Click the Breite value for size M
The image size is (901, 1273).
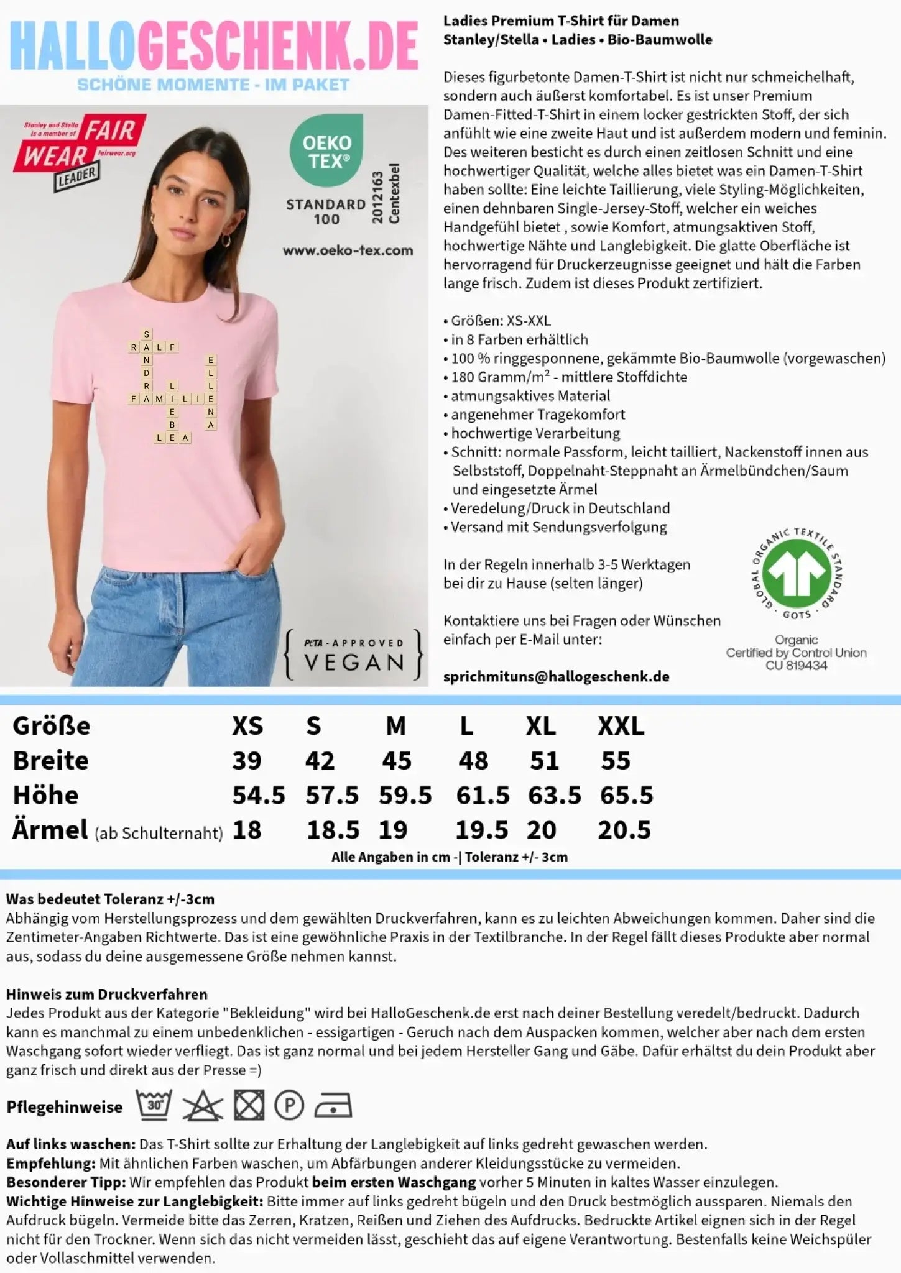tap(397, 761)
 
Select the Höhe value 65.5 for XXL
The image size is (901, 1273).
tap(626, 796)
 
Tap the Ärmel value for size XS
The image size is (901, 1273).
tap(247, 830)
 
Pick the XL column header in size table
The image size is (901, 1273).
tap(540, 726)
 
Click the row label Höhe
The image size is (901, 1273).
tap(45, 796)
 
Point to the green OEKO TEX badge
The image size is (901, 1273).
tap(327, 151)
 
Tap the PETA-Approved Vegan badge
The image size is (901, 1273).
tap(354, 655)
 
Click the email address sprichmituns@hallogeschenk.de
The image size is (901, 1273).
tap(556, 677)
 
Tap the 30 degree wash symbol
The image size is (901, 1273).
tap(154, 1105)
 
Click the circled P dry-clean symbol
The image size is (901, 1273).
tap(289, 1106)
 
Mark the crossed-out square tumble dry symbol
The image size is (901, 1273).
tap(249, 1106)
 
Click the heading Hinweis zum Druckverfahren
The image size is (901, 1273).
tap(106, 994)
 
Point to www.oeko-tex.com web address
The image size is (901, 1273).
tap(348, 250)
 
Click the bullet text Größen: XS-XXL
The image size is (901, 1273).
tap(500, 321)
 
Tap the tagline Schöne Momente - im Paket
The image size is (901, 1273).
tap(213, 85)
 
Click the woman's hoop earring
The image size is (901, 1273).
tap(226, 241)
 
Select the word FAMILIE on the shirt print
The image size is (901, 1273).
tap(172, 398)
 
